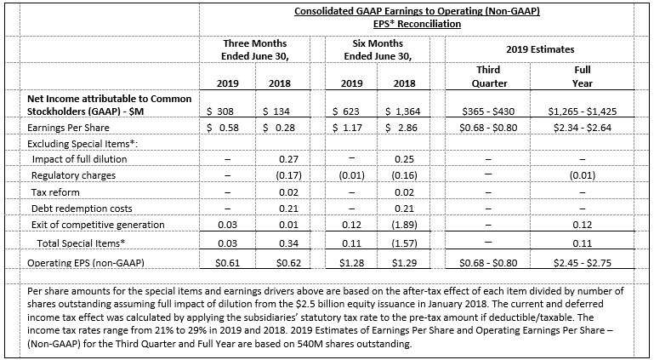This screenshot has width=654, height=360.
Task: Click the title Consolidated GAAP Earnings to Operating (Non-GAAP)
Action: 417,11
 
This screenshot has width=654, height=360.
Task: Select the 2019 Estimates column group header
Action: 540,49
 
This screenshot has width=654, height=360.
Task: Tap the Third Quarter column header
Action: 490,77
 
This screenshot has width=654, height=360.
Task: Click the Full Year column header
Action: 583,77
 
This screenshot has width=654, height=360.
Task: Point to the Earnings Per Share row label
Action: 68,128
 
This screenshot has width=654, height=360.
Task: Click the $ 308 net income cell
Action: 221,111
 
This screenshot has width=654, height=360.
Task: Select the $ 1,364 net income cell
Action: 403,111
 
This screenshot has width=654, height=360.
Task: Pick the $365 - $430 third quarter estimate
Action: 488,111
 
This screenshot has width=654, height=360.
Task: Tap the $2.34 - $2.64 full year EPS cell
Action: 583,128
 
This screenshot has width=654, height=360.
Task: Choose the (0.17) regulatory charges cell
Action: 288,175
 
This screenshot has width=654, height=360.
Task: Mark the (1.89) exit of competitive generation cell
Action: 404,225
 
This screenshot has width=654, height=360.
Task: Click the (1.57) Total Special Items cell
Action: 404,243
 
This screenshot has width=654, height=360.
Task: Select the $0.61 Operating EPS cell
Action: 228,263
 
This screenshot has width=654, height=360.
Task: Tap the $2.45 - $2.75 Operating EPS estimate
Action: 583,263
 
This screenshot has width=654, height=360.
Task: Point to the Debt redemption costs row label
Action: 82,209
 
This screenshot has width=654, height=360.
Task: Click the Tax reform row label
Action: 55,192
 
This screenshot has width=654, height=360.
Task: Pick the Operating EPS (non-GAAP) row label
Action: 86,263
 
